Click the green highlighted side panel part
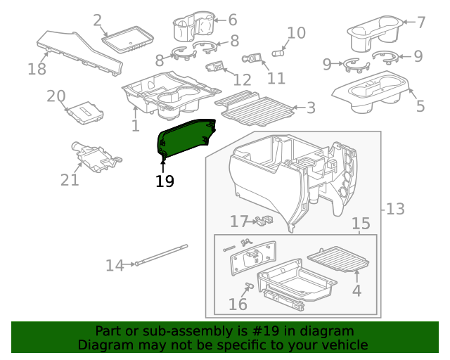pos(186,137)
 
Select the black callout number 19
pos(165,181)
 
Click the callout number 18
pos(37,68)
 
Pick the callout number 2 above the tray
pos(97,20)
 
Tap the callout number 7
pos(421,22)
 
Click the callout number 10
pos(297,32)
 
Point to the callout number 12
pos(242,79)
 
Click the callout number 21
pos(70,180)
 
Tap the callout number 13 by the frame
pos(396,209)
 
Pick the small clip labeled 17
pos(264,221)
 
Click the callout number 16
pos(238,304)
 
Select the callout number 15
pos(361,224)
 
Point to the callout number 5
pos(420,106)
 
